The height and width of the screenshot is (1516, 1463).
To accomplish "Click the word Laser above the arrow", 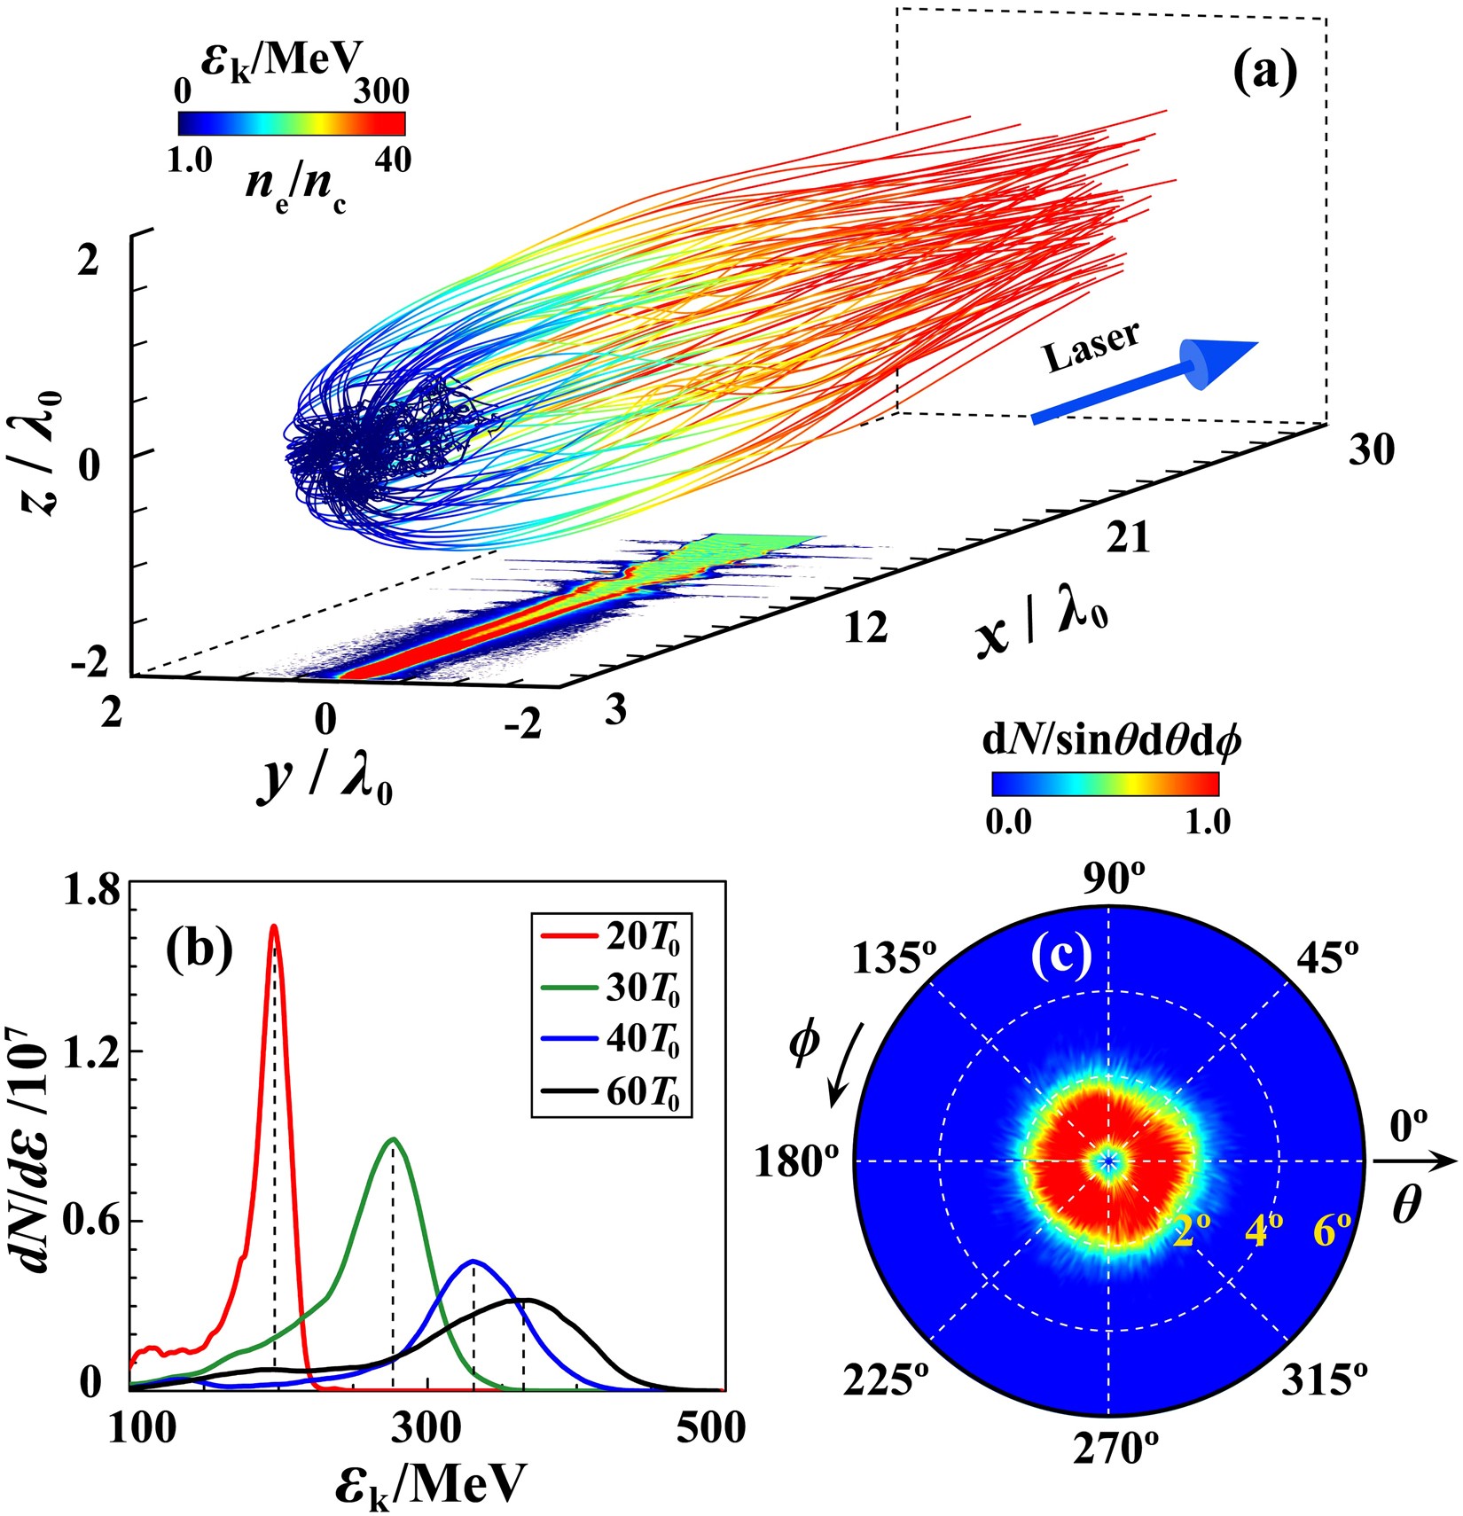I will [1091, 347].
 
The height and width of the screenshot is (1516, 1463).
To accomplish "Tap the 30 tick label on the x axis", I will [1371, 450].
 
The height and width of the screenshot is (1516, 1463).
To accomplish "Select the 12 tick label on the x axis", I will [865, 628].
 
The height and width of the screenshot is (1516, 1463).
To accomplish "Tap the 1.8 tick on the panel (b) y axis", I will [91, 893].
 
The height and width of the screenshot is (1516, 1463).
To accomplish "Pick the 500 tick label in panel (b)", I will [712, 1428].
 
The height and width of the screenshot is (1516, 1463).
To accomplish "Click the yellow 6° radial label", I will [1333, 1231].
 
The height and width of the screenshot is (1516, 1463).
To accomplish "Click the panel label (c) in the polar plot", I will [1061, 954].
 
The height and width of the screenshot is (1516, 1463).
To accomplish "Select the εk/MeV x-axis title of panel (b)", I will [431, 1485].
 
